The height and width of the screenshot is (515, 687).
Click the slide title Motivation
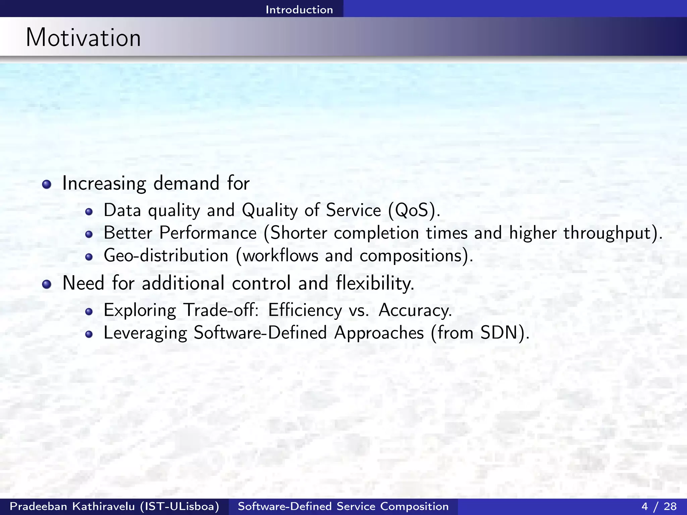(83, 38)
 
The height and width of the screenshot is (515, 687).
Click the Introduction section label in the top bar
(299, 9)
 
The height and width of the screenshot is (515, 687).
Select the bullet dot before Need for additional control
(47, 284)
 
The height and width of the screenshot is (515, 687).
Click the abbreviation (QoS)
(414, 211)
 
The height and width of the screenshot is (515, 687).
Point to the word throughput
(607, 233)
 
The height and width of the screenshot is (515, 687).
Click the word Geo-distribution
(166, 256)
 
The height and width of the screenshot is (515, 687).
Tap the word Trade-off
(221, 310)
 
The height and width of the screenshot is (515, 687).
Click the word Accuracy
(415, 310)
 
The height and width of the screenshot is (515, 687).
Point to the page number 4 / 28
(659, 506)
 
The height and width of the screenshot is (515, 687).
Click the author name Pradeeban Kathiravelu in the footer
(72, 506)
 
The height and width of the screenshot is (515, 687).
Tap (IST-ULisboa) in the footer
(180, 506)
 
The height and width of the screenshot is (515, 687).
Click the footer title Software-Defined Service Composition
(343, 506)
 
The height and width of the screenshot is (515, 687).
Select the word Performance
(208, 233)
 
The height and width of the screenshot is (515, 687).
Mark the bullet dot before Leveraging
(89, 334)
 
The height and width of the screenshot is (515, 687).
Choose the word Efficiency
(305, 310)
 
